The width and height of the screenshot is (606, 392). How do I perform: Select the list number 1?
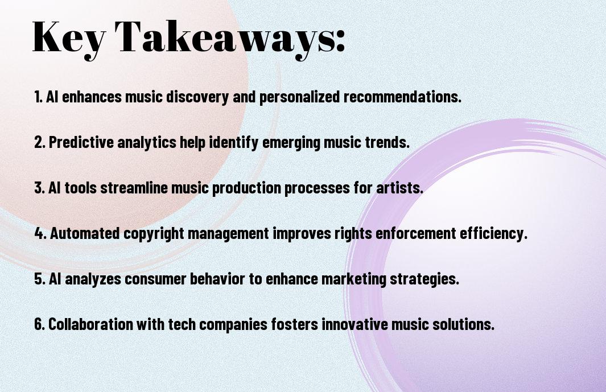pos(38,97)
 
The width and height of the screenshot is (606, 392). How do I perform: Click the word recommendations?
pos(402,97)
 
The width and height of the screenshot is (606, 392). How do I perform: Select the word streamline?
pos(134,188)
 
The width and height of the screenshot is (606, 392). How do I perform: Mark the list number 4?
pos(40,233)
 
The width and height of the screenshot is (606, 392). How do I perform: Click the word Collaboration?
pos(91,324)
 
